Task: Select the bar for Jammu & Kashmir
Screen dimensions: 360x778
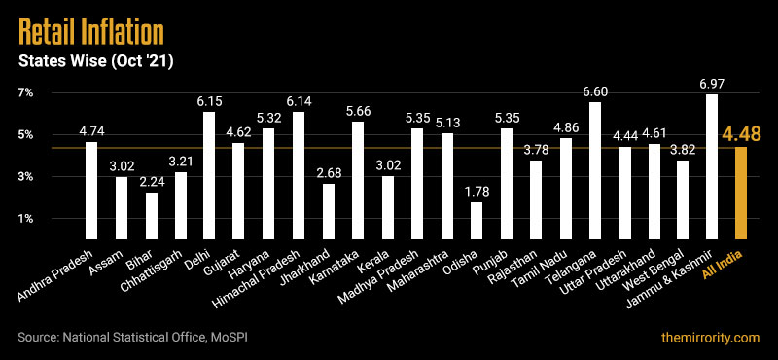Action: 712,166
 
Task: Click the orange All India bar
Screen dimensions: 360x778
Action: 741,193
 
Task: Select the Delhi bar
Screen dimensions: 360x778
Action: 208,175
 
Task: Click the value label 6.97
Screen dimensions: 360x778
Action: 712,85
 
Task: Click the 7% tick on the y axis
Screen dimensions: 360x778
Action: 24,92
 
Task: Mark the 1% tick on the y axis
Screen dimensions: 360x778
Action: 24,219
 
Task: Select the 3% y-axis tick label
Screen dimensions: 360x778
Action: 24,177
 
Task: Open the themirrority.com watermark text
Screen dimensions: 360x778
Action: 706,338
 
